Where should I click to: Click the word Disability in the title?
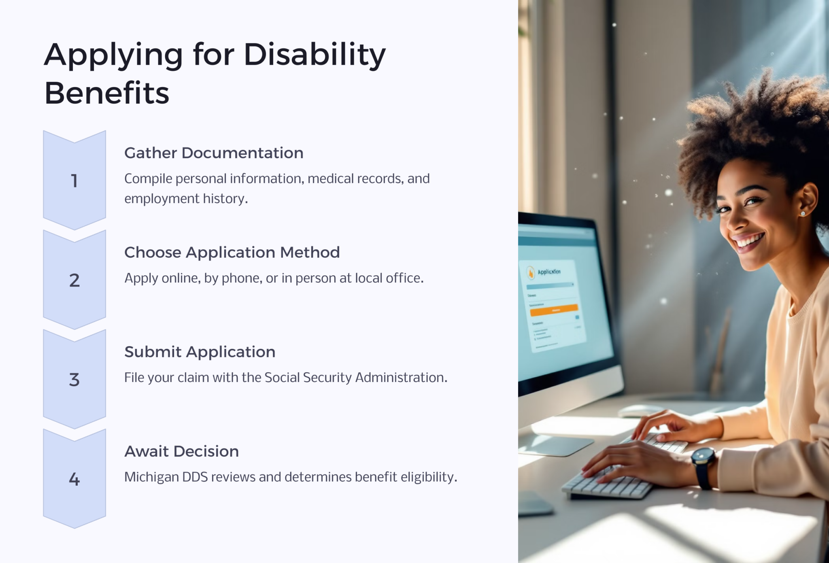tap(314, 55)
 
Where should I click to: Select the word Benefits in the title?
tap(106, 93)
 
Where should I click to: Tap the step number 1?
tap(74, 181)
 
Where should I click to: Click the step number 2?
tap(74, 280)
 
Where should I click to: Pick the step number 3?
tap(74, 380)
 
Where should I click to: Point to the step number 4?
tap(74, 479)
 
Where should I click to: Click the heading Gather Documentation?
tap(214, 153)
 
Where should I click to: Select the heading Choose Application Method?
tap(232, 253)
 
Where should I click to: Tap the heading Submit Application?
tap(200, 352)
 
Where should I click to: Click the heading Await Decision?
tap(181, 451)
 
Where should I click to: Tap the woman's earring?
tap(803, 213)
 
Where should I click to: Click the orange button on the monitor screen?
tap(554, 310)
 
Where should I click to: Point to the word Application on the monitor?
tap(549, 272)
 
